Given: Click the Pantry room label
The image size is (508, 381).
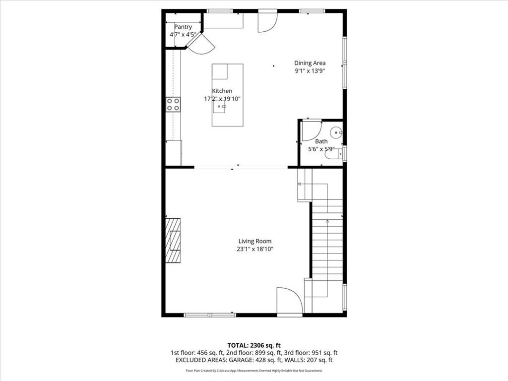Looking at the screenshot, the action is pyautogui.click(x=183, y=27).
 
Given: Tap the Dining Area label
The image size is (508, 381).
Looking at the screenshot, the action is pyautogui.click(x=310, y=63).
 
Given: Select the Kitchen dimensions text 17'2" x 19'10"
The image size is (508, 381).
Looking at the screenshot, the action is pyautogui.click(x=222, y=99).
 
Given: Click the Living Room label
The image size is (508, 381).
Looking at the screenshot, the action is pyautogui.click(x=255, y=241).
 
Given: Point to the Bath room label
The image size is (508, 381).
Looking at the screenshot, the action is pyautogui.click(x=321, y=141).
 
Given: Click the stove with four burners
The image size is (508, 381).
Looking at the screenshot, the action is pyautogui.click(x=173, y=104).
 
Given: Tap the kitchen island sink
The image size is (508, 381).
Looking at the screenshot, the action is pyautogui.click(x=219, y=107).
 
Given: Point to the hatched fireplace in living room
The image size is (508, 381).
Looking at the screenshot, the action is pyautogui.click(x=173, y=241).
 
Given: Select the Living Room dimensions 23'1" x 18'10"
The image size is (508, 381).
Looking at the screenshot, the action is pyautogui.click(x=255, y=249).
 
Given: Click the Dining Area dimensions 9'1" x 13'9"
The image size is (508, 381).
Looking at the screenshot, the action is pyautogui.click(x=310, y=71).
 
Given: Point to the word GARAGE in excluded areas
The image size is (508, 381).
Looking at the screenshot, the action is pyautogui.click(x=235, y=360).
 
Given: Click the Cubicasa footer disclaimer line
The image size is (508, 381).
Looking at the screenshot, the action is pyautogui.click(x=254, y=371).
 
